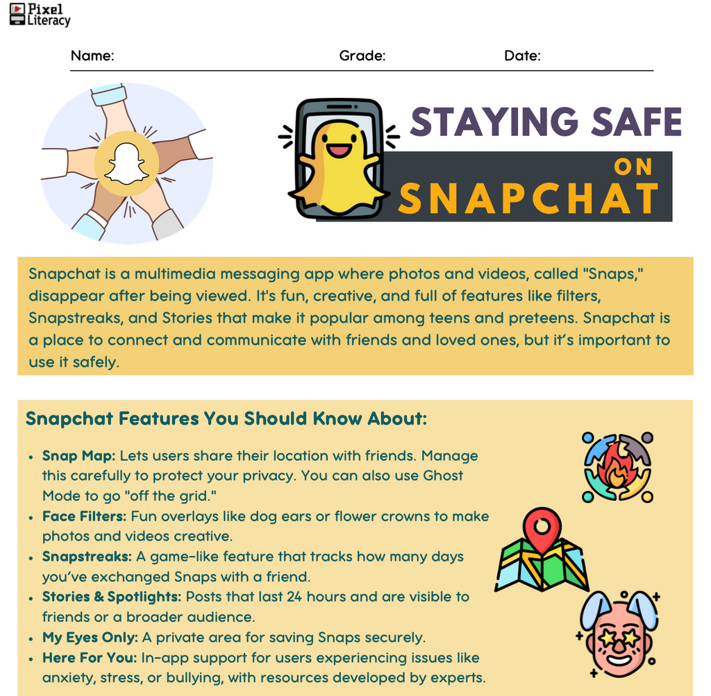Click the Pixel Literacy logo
pos(40,14)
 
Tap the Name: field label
pos(92,56)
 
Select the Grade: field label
pos(362,56)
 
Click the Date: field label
pos(522,56)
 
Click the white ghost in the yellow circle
pos(126,163)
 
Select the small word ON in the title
pos(633,167)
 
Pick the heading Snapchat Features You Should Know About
pos(226,419)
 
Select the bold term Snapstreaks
pos(86,557)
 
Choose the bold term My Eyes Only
pos(90,637)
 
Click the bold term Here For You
pos(87,657)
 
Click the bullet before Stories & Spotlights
pos(31,597)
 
